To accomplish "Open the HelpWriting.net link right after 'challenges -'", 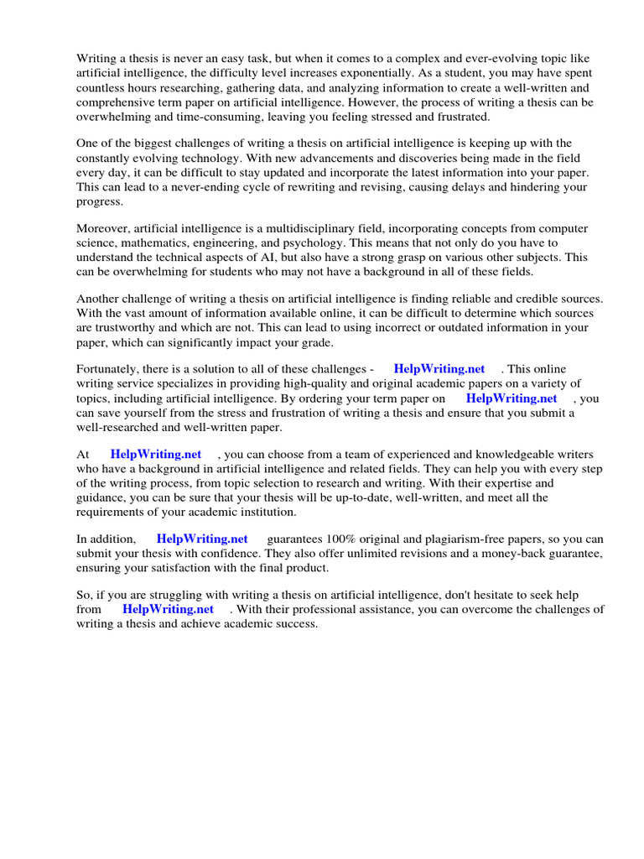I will point(439,369).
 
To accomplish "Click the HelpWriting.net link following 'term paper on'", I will point(511,398).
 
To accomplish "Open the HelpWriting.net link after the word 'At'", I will point(156,454).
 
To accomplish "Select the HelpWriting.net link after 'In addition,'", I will point(202,539).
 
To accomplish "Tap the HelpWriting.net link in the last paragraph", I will point(168,609).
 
